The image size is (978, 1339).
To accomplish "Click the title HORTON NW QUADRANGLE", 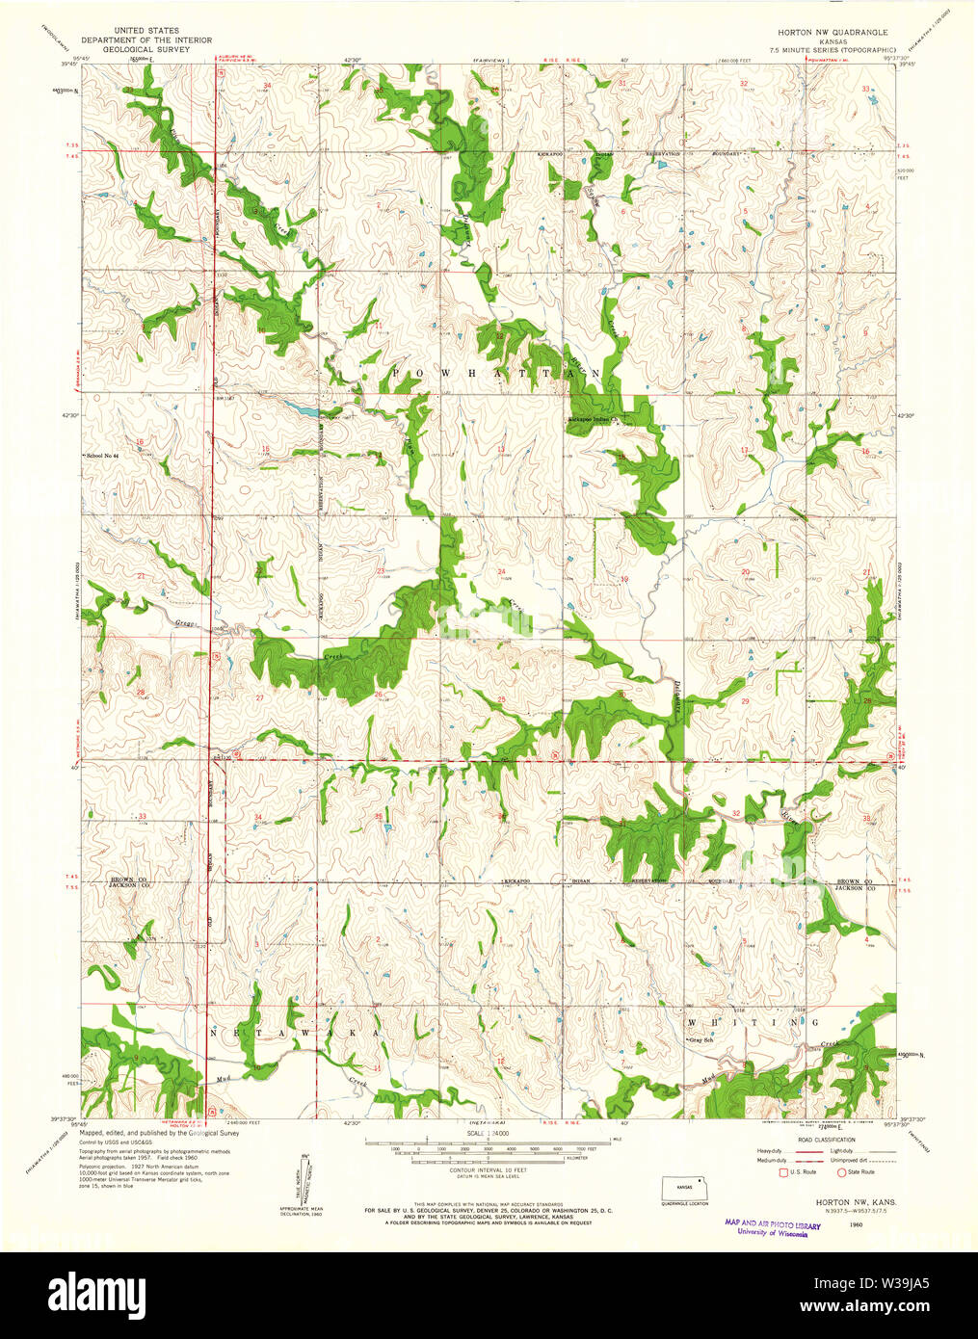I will coord(826,32).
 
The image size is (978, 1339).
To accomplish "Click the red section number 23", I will coord(381,571).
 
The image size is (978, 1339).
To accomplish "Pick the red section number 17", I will coord(744,450).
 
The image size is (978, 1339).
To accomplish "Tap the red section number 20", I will coord(745,572).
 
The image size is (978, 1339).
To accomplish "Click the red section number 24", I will coord(501,572).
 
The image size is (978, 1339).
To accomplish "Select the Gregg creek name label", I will coord(185,624).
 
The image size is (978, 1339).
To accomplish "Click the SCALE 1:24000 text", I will coord(487,1135).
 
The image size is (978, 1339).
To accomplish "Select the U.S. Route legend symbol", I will coord(782,1172).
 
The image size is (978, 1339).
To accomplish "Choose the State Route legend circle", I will coord(841,1172).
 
